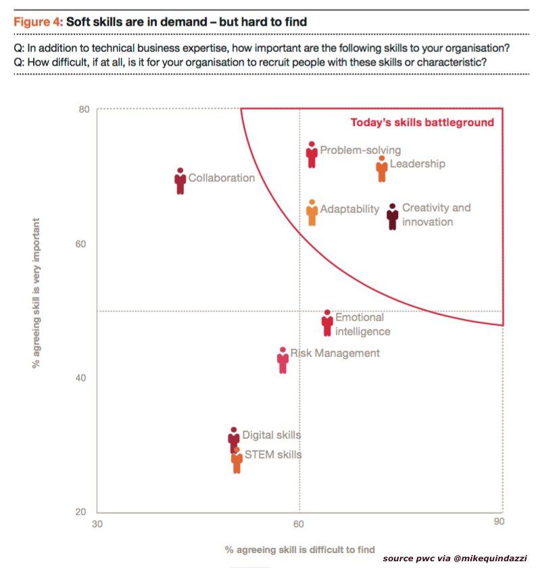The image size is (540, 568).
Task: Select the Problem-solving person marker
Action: [312, 155]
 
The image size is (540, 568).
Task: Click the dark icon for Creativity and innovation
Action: [393, 216]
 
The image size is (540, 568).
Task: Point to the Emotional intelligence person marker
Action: [327, 323]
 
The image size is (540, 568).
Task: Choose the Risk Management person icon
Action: [283, 360]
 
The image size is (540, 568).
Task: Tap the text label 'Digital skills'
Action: [271, 435]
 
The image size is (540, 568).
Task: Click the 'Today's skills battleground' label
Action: [422, 122]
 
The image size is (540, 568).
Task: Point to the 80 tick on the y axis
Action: [84, 109]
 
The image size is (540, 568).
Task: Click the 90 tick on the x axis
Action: [499, 523]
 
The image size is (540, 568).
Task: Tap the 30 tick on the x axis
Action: [97, 523]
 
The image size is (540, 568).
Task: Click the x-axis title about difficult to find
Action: [299, 549]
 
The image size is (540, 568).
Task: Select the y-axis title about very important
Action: [40, 293]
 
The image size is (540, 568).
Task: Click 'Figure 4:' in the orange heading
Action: [38, 22]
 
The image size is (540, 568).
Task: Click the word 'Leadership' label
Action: [418, 164]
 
